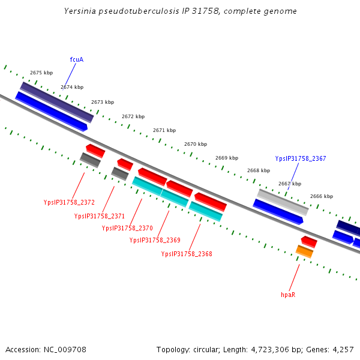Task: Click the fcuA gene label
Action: click(x=76, y=59)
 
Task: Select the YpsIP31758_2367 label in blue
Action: click(x=301, y=158)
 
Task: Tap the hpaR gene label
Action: click(x=288, y=295)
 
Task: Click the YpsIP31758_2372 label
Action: click(x=69, y=202)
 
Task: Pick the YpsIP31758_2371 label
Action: click(x=100, y=216)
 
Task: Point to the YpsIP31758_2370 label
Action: click(x=127, y=228)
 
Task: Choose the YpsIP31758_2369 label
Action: click(x=155, y=240)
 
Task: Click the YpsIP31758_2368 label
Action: click(x=187, y=254)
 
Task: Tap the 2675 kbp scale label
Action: click(x=41, y=73)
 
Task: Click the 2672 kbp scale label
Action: click(x=133, y=116)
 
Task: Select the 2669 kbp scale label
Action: click(x=227, y=158)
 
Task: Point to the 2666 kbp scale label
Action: click(x=322, y=196)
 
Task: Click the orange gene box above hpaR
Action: click(x=304, y=251)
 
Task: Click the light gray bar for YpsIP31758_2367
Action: click(x=283, y=202)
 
